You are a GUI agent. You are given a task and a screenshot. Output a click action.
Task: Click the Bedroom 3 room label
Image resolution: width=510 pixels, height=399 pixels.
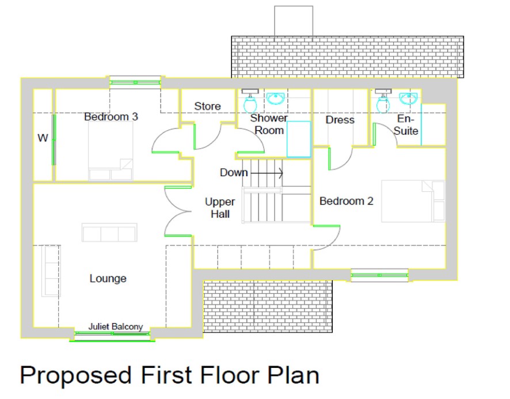[x=111, y=117]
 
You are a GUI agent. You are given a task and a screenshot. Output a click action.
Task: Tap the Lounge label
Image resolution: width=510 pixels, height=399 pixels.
[x=108, y=279]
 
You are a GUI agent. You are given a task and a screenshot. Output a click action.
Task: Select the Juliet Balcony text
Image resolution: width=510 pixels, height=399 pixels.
[x=115, y=326]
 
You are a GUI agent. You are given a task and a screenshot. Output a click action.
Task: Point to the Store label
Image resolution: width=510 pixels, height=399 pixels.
[x=207, y=107]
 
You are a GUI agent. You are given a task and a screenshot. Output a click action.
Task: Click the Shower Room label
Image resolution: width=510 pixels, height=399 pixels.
[x=269, y=124]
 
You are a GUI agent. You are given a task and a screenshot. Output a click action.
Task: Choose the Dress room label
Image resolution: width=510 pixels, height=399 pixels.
[x=340, y=120]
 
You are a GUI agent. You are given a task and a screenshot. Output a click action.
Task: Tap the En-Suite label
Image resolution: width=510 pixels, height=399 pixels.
[x=406, y=124]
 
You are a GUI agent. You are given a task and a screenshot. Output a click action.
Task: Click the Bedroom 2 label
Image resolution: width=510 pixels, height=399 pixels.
[x=347, y=201]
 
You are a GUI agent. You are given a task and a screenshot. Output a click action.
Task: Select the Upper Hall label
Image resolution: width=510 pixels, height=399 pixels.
[x=220, y=208]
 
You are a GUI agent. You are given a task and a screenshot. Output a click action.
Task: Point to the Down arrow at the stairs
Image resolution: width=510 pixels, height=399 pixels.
[x=267, y=173]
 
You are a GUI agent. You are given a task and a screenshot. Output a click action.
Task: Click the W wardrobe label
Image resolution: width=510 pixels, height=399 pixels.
[x=43, y=138]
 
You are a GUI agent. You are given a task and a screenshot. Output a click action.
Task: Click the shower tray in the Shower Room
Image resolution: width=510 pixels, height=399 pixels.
[x=299, y=138]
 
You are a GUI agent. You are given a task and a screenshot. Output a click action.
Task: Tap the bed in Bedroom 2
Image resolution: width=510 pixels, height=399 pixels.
[x=413, y=201]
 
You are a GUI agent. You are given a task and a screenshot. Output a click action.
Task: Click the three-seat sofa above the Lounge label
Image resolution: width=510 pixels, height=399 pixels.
[x=109, y=233]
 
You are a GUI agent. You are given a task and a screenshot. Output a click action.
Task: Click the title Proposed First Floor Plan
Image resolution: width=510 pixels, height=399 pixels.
[x=169, y=375]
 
